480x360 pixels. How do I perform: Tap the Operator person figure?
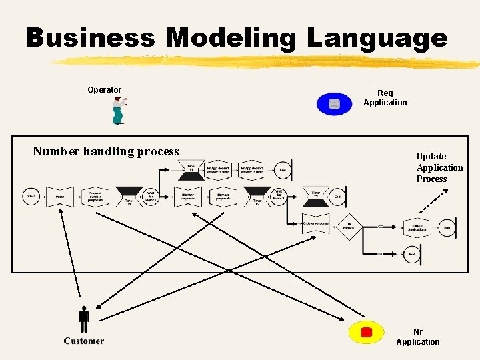point(118,111)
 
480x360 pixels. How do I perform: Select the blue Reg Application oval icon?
point(334,103)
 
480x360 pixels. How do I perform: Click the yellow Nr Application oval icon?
point(366,332)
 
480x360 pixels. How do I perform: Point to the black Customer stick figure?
point(84,319)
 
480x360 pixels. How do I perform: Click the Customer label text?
point(84,341)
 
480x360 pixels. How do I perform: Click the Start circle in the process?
point(31,196)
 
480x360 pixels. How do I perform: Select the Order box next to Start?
point(60,197)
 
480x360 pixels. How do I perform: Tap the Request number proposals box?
point(95,197)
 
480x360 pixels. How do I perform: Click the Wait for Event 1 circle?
point(151,196)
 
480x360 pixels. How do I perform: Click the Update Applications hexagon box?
point(417,227)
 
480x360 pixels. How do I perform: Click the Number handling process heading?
point(106,151)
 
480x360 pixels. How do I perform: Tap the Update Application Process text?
point(439,167)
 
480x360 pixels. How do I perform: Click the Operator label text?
point(104,90)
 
